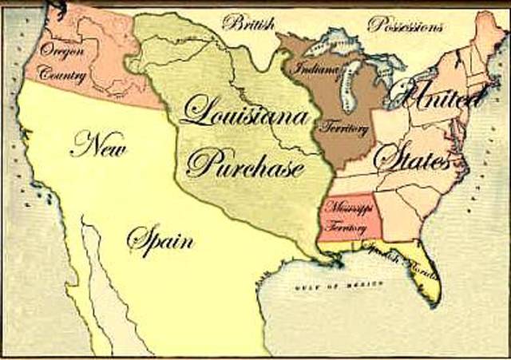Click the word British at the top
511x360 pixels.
point(248,22)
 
